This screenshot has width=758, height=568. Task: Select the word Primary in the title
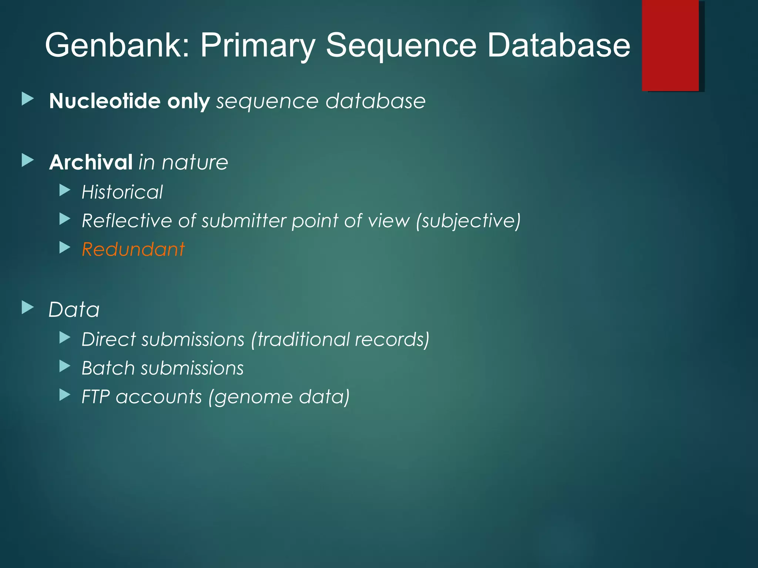258,45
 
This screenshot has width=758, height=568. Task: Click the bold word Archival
91,162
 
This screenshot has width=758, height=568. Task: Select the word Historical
122,192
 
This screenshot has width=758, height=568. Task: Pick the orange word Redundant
133,249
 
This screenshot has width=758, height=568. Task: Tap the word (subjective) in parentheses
468,221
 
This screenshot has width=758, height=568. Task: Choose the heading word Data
74,310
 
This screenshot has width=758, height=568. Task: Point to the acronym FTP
95,397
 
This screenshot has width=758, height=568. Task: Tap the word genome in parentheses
252,397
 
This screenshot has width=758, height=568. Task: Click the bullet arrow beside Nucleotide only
27,99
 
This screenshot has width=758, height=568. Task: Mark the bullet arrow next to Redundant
65,247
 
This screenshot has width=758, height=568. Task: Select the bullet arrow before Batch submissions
65,366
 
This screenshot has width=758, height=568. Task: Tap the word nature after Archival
195,162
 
